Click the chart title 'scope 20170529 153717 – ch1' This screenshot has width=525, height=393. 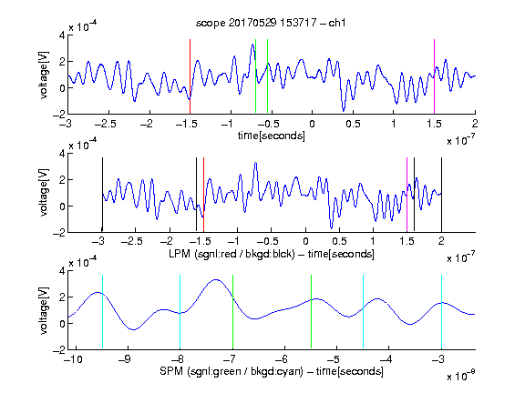271,23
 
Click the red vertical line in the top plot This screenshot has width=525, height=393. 190,76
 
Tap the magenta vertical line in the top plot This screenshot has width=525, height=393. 434,76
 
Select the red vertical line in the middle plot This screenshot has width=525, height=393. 203,195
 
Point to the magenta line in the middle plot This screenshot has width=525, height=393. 407,195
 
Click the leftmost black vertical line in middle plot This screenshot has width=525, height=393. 102,195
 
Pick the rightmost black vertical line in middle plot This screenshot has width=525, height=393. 441,195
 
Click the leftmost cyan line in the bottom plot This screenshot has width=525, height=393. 102,312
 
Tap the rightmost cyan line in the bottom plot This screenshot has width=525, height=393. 441,312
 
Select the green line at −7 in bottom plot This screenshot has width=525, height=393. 232,312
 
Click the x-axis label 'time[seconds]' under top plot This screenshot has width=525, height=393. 272,136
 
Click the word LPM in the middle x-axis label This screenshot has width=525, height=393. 180,254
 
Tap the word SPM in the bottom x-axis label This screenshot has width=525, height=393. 171,371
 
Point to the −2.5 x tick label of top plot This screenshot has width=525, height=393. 106,124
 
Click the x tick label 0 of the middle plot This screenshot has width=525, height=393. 305,241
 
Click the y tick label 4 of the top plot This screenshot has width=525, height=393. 62,35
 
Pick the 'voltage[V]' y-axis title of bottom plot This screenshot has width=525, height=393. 44,311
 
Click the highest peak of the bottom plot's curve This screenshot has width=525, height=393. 216,279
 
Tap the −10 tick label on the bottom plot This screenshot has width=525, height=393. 73,359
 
